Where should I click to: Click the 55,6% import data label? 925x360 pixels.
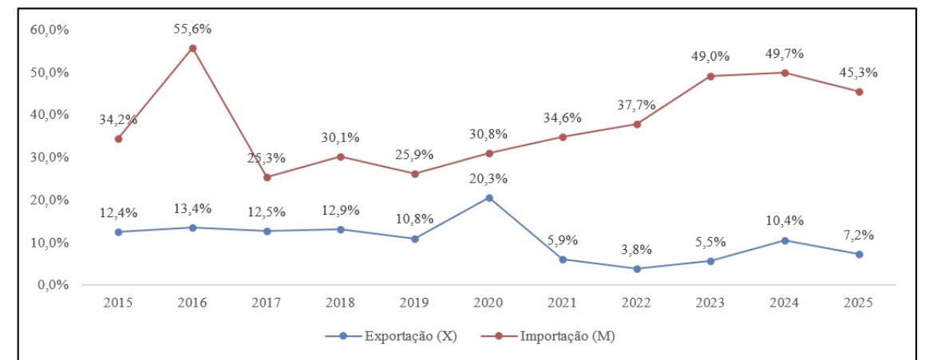(x=192, y=29)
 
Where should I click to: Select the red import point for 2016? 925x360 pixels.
(x=192, y=48)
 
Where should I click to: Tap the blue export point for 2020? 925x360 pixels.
(x=489, y=198)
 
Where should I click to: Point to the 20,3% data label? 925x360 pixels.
(x=488, y=179)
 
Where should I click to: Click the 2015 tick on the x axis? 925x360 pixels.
(x=118, y=304)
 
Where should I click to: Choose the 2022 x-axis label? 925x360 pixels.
(x=637, y=304)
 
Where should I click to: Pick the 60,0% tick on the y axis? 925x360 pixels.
(x=50, y=30)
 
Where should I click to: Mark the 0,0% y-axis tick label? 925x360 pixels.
(x=53, y=285)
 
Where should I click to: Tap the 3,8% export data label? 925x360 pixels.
(x=637, y=250)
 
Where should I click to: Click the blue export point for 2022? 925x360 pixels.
(x=637, y=269)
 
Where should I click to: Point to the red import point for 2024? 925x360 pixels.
(x=785, y=73)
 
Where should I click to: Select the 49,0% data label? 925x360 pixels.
(x=710, y=57)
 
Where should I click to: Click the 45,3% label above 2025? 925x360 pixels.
(x=859, y=73)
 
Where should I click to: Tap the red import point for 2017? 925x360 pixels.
(x=267, y=177)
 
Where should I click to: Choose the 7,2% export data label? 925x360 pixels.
(x=859, y=235)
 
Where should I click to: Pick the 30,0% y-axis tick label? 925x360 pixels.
(x=50, y=157)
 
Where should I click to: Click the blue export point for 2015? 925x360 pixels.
(x=118, y=232)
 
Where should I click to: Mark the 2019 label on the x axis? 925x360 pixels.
(x=415, y=304)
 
